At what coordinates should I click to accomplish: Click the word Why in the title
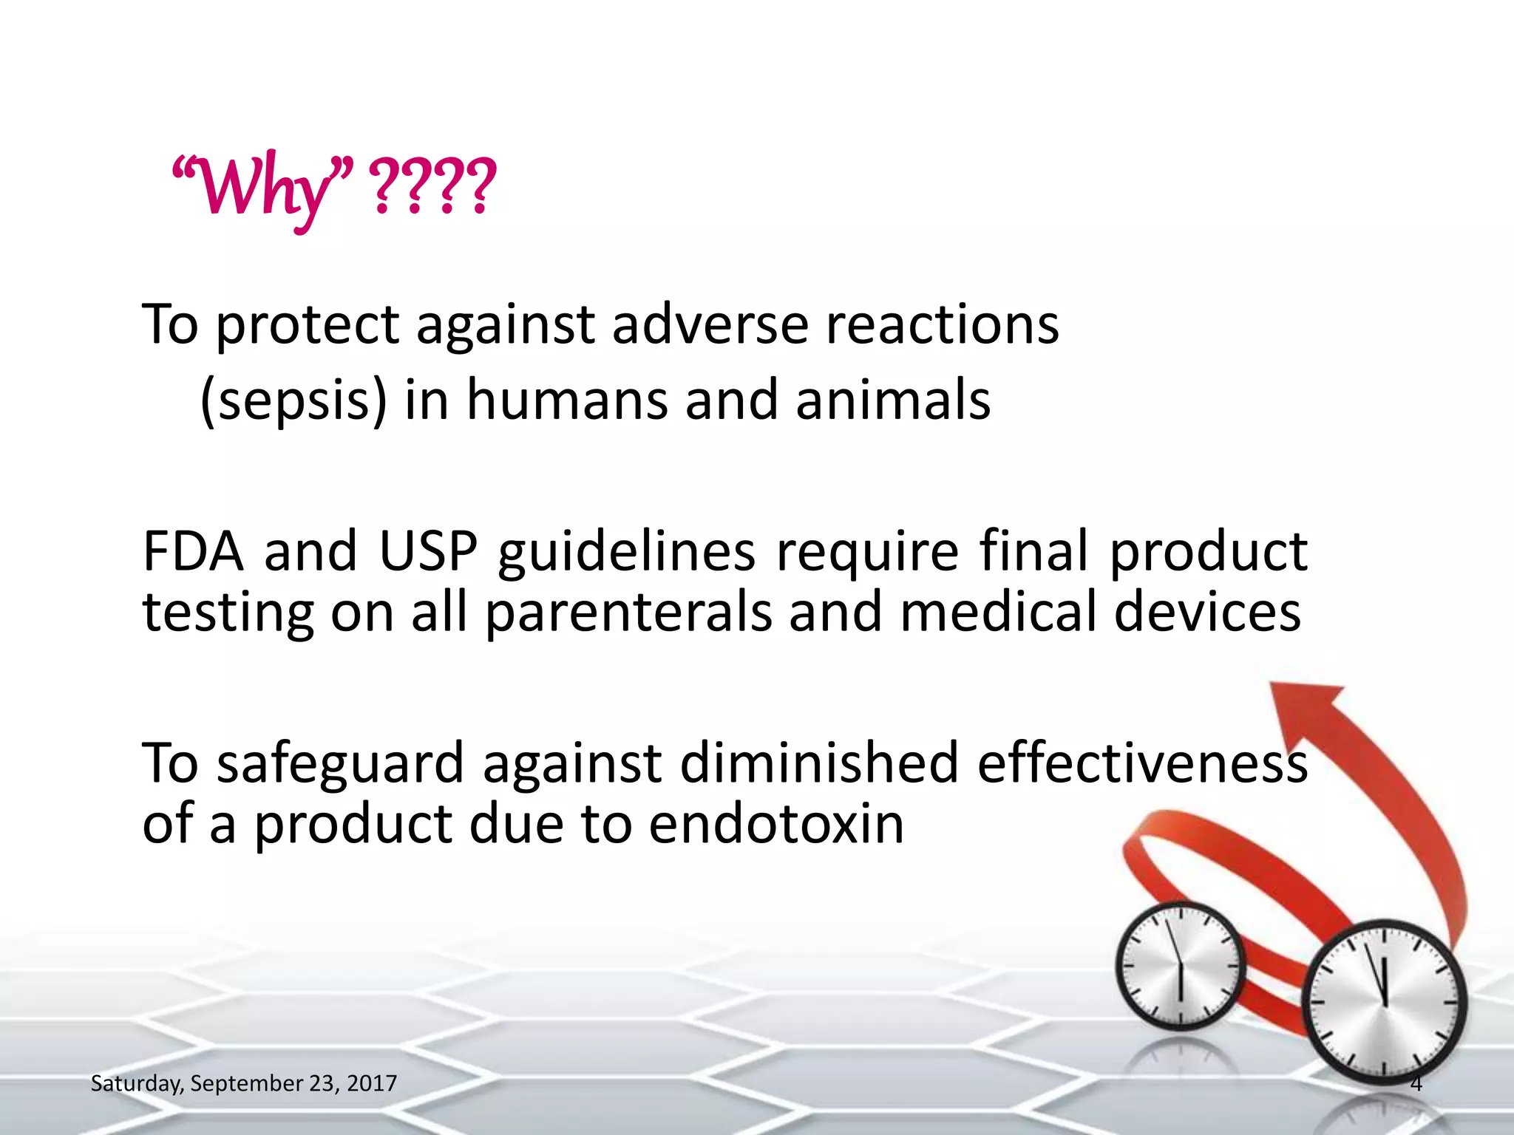click(x=262, y=188)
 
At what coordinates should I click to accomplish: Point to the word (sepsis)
click(x=293, y=401)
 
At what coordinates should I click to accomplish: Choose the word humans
click(x=566, y=401)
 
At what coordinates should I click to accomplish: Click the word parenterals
click(x=628, y=613)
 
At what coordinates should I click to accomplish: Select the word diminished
click(x=818, y=763)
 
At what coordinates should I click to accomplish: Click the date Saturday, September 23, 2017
click(x=243, y=1083)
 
